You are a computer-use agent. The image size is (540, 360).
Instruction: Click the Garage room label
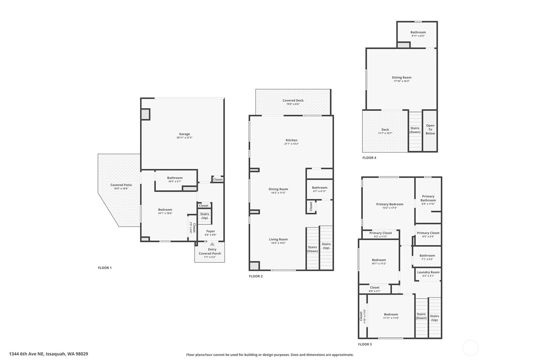(x=184, y=134)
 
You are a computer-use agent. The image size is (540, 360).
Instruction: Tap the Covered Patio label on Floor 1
(x=121, y=185)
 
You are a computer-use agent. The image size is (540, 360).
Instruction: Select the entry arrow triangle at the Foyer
(x=212, y=244)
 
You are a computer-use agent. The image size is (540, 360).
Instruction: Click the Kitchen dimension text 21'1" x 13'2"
(x=291, y=144)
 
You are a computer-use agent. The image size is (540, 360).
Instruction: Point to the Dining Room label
(x=278, y=189)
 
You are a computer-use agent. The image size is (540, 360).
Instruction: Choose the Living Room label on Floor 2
(x=278, y=239)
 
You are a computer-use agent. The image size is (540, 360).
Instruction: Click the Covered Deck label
(x=293, y=101)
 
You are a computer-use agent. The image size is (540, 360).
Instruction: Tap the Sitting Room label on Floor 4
(x=401, y=77)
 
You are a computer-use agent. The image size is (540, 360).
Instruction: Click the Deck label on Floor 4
(x=385, y=130)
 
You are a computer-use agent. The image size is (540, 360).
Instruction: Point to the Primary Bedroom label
(x=389, y=204)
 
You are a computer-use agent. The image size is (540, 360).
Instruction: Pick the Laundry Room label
(x=428, y=272)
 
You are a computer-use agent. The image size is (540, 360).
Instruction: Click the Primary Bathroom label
(x=428, y=198)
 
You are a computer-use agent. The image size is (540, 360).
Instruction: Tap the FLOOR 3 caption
(x=365, y=344)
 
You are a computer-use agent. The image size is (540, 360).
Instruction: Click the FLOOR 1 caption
(x=105, y=268)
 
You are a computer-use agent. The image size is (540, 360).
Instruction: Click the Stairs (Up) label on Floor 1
(x=204, y=216)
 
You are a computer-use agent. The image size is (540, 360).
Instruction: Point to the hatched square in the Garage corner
(x=145, y=114)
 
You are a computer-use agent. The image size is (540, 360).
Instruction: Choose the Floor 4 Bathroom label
(x=418, y=32)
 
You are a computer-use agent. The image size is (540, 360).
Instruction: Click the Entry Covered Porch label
(x=210, y=251)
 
